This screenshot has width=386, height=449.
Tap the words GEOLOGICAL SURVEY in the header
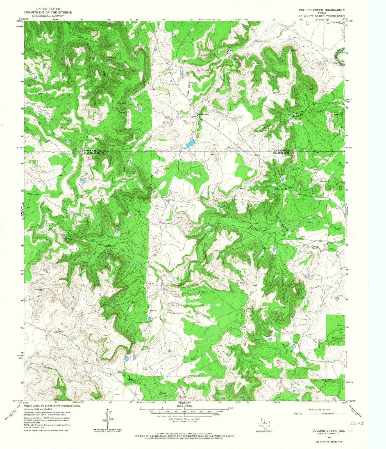pos(48,16)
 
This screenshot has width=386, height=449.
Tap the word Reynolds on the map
pos(281,190)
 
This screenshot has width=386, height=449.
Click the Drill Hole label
pos(38,290)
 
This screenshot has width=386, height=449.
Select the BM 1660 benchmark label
pos(58,331)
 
